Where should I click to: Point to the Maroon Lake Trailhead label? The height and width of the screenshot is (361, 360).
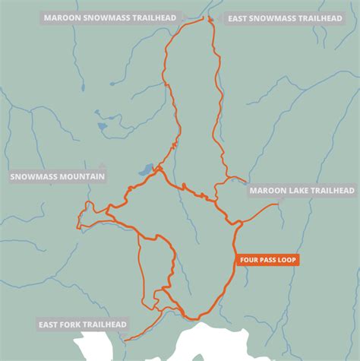[x=302, y=191]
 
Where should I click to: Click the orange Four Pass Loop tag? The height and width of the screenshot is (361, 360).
[x=268, y=260]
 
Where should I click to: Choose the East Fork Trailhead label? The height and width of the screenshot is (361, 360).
[x=82, y=325]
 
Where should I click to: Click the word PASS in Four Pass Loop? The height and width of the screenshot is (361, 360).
[x=268, y=260]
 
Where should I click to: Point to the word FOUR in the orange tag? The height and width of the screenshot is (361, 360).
[x=250, y=260]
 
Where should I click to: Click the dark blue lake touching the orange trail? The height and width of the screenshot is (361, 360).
[x=145, y=171]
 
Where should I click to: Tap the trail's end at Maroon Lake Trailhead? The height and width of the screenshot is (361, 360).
[x=278, y=204]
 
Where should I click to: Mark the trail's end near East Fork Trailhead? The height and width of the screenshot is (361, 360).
[x=125, y=339]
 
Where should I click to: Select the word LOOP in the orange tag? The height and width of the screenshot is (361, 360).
[x=287, y=260]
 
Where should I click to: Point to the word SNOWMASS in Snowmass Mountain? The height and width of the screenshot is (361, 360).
[x=34, y=176]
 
